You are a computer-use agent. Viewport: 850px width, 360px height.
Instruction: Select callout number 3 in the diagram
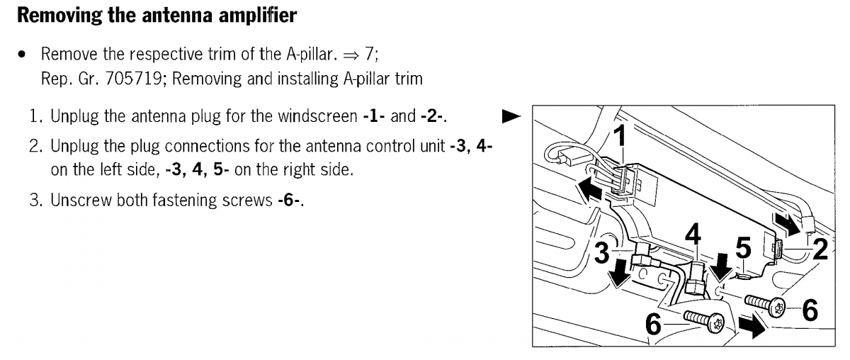click(x=601, y=253)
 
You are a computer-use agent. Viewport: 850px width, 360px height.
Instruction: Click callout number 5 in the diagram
click(x=742, y=248)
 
